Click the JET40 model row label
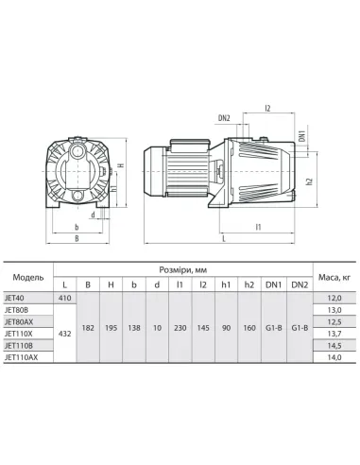pyautogui.click(x=17, y=297)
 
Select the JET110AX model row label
pyautogui.click(x=23, y=358)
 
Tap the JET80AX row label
pyautogui.click(x=21, y=321)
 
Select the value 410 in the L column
pyautogui.click(x=64, y=297)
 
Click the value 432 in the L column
pyautogui.click(x=64, y=334)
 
